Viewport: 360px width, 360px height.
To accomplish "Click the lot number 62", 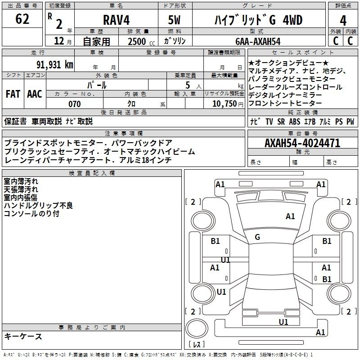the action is (x=22, y=19).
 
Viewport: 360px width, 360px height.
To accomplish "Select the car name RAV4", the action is (x=117, y=20).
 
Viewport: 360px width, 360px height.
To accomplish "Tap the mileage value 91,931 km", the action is (x=55, y=64).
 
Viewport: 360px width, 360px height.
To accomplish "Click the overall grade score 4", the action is (x=343, y=21).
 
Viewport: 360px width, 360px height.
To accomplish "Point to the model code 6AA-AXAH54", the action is (x=258, y=41).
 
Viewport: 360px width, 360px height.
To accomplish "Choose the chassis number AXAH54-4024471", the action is (x=302, y=143).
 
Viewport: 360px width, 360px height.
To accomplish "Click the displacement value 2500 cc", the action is (x=141, y=41).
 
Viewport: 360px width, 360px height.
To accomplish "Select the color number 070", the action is (x=75, y=104).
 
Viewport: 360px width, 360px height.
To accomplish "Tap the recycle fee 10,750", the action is (x=225, y=104).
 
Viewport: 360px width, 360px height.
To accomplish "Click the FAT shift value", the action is (x=13, y=94).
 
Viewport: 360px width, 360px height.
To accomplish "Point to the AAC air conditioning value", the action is (x=35, y=94).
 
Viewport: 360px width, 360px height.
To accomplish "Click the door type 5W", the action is (x=174, y=20).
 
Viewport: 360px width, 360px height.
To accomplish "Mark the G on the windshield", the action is (x=257, y=237).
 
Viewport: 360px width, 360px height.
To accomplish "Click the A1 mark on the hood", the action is (x=290, y=216).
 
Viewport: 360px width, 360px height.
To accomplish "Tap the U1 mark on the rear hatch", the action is (x=283, y=322).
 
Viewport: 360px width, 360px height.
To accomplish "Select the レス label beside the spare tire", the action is (x=197, y=344).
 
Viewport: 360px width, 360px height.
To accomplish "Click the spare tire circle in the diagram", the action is (x=197, y=328).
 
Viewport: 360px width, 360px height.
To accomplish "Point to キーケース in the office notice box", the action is (x=23, y=336).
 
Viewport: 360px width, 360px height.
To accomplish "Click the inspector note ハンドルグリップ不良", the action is (x=38, y=206).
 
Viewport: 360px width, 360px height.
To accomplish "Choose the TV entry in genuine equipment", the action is (x=269, y=121).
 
